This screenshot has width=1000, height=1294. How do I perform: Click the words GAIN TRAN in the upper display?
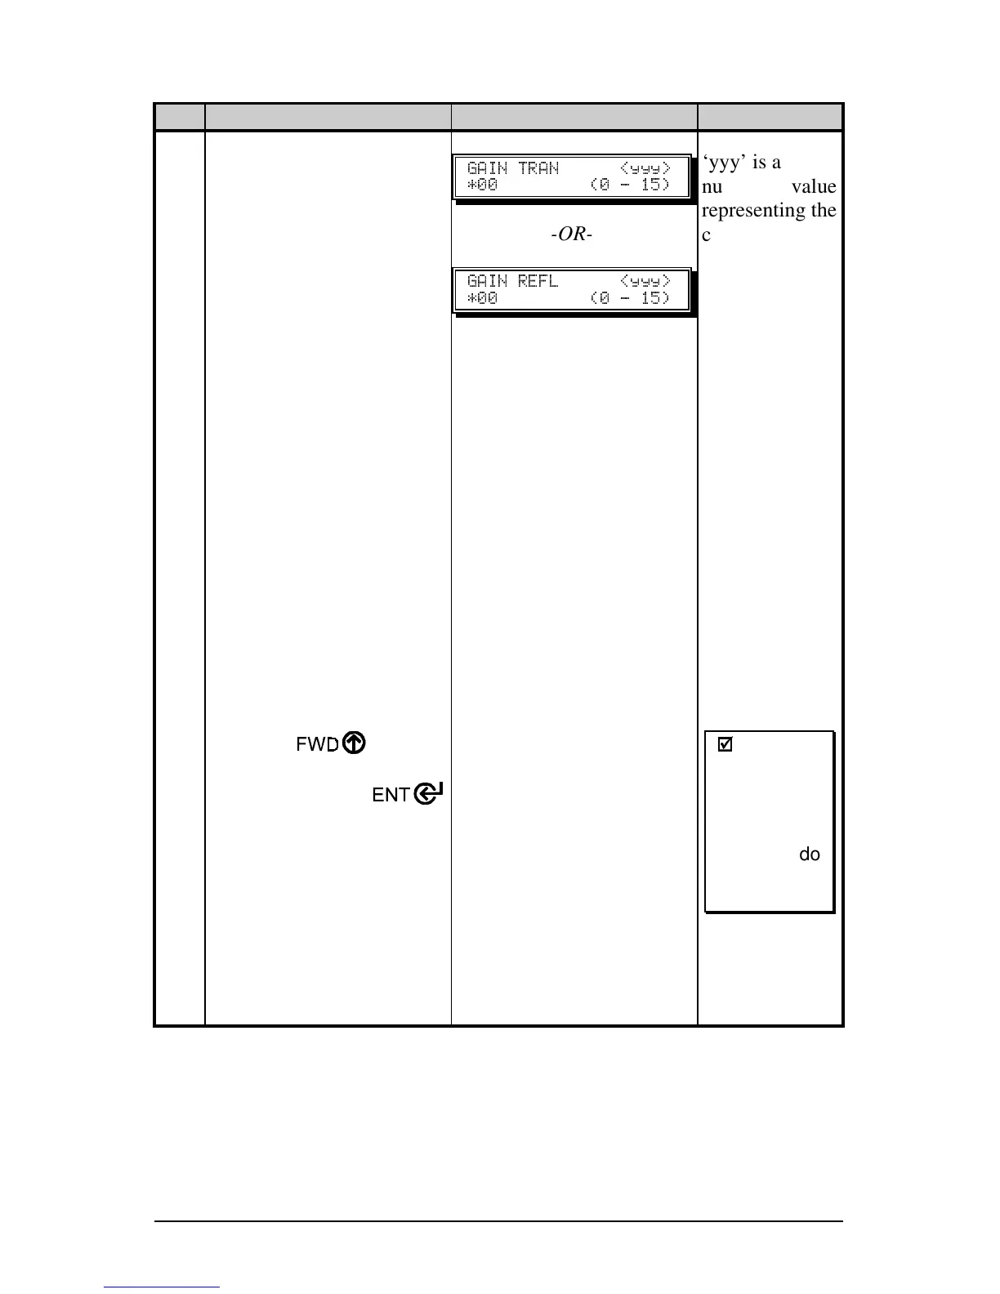(x=513, y=168)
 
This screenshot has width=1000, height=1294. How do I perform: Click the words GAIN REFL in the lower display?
(x=513, y=281)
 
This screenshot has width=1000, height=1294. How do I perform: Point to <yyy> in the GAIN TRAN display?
(x=645, y=168)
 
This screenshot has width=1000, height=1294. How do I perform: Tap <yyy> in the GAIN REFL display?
(x=645, y=281)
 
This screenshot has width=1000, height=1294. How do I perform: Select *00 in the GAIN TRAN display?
(x=482, y=185)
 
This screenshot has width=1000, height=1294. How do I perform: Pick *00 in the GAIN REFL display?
(x=482, y=297)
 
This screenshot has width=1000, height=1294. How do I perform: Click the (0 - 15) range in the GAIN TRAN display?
(x=630, y=185)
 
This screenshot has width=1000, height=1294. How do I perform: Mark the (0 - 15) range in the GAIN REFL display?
(x=630, y=297)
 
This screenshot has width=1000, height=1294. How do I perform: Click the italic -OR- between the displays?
(x=572, y=234)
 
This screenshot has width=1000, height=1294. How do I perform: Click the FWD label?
(x=316, y=744)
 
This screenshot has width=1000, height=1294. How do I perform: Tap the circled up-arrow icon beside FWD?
(x=354, y=743)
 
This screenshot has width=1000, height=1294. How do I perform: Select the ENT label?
(x=391, y=795)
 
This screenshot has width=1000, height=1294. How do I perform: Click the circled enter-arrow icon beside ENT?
(x=429, y=793)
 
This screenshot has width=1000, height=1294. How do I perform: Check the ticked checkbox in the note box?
(x=725, y=745)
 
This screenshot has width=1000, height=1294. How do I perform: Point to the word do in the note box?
(x=809, y=854)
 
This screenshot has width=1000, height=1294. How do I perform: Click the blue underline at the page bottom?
(x=163, y=1287)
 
